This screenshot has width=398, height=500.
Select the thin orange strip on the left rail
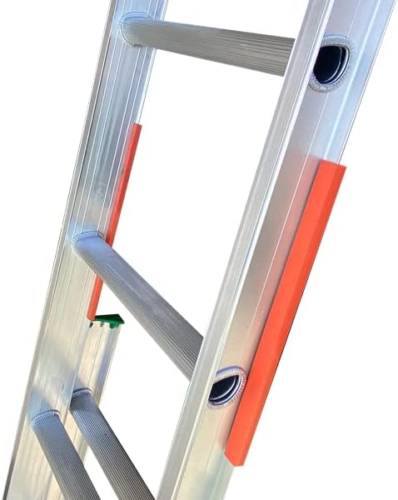tap(117, 208)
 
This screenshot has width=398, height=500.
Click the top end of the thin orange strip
tap(135, 127)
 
